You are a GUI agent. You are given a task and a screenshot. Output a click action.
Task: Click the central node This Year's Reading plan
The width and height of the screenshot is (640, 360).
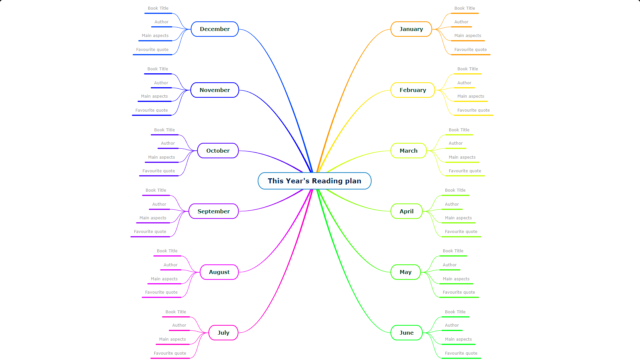314,181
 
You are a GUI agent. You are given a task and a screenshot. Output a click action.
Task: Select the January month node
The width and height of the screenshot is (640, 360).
411,29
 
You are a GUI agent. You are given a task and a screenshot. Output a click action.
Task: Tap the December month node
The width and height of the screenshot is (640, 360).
215,29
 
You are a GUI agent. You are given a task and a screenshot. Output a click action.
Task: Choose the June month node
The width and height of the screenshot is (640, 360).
406,333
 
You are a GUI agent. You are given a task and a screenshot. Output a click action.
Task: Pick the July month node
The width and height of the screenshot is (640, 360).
223,333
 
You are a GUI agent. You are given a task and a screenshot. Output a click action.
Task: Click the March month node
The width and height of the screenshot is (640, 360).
408,151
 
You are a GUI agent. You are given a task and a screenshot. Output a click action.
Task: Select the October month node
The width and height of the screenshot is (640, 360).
218,151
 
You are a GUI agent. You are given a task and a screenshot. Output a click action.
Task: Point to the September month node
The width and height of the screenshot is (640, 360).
214,211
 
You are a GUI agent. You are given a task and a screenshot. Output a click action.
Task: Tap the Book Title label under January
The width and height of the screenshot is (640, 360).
465,8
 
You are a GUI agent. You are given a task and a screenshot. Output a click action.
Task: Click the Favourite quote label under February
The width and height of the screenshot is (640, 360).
473,110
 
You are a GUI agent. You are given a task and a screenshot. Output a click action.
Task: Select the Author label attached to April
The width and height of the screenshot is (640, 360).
452,204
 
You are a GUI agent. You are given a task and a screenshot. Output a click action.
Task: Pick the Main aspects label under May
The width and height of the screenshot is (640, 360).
456,279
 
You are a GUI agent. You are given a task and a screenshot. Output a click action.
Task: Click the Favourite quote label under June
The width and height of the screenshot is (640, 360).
461,353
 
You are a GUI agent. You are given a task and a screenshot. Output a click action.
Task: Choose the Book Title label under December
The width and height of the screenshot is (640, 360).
158,8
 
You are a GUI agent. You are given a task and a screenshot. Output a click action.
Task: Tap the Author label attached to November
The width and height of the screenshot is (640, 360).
161,83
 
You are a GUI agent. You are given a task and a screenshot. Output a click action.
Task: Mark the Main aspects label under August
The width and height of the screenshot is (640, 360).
164,279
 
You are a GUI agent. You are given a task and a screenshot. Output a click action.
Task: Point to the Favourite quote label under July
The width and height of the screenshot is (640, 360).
170,353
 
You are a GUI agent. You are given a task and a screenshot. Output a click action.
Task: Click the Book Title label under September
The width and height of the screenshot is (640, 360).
156,190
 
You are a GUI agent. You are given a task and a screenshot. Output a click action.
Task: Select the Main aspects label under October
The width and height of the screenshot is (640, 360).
161,157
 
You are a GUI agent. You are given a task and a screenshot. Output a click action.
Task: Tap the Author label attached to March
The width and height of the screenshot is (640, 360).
455,143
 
